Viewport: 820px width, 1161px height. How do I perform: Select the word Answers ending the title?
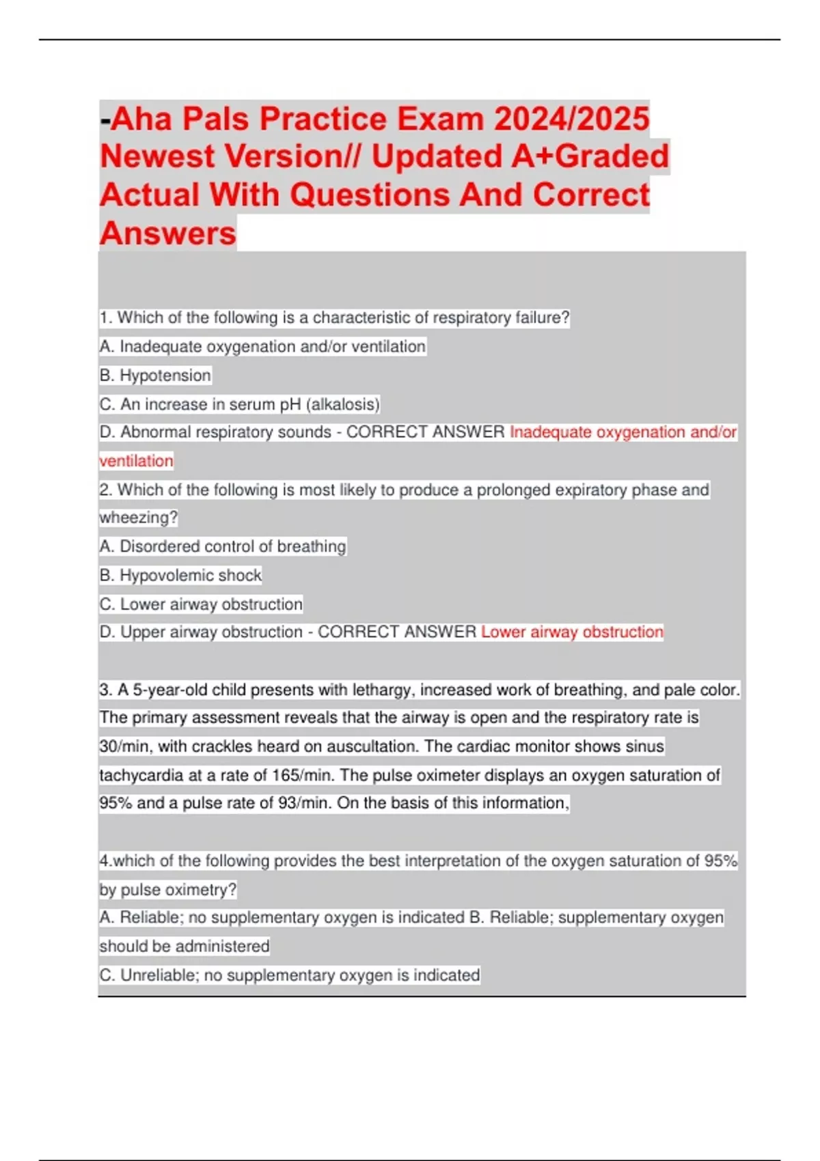168,234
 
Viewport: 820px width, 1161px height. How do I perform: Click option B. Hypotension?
155,376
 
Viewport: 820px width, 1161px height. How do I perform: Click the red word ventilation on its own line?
136,461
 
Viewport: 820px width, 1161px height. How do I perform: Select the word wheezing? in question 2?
138,518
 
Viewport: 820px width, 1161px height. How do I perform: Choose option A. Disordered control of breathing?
223,546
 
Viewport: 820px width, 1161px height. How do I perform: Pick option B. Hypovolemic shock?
180,576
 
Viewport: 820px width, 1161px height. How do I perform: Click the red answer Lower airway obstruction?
572,632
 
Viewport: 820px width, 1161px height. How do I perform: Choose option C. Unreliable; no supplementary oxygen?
289,975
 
